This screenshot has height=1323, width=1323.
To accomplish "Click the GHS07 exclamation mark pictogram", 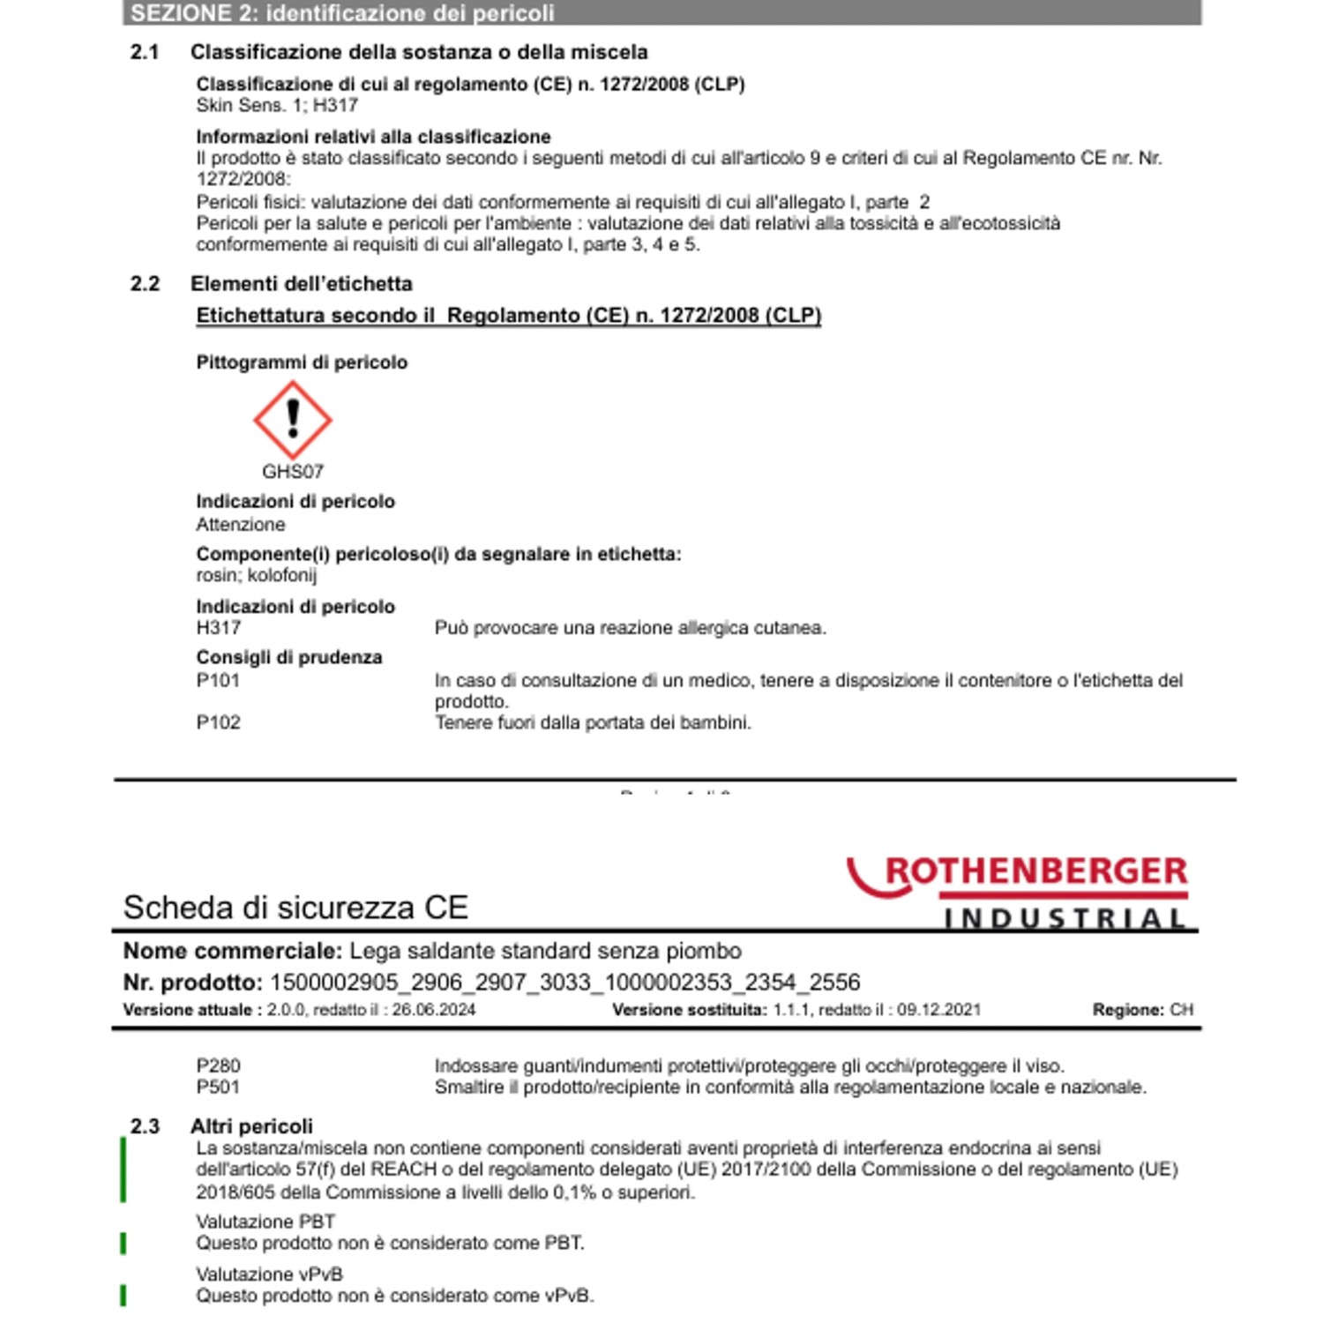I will pyautogui.click(x=293, y=420).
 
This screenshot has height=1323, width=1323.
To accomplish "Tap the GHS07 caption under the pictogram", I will pyautogui.click(x=293, y=472).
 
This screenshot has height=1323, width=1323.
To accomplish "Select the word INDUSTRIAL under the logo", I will pyautogui.click(x=1065, y=919).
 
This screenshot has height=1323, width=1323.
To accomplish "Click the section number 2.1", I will pyautogui.click(x=145, y=52).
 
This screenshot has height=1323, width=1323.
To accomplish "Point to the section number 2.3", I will pyautogui.click(x=145, y=1126).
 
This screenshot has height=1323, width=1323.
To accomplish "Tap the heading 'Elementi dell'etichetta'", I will pyautogui.click(x=302, y=284).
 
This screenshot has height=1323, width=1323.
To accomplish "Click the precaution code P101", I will pyautogui.click(x=218, y=680).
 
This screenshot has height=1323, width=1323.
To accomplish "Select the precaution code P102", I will pyautogui.click(x=218, y=722).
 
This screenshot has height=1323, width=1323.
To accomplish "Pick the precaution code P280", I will pyautogui.click(x=218, y=1065).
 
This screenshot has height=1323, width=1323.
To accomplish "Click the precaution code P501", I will pyautogui.click(x=218, y=1087).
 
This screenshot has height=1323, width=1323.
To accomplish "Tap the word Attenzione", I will pyautogui.click(x=241, y=525).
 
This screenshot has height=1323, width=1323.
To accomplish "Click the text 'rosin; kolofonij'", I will pyautogui.click(x=257, y=575).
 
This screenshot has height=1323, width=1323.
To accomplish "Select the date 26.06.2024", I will pyautogui.click(x=434, y=1010).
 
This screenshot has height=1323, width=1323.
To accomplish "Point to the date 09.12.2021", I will pyautogui.click(x=938, y=1010).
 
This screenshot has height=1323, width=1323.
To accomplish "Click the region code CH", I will pyautogui.click(x=1181, y=1010).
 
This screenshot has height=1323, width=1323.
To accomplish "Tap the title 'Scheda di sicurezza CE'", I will pyautogui.click(x=295, y=908).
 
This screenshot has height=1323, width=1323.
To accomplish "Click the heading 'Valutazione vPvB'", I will pyautogui.click(x=269, y=1274).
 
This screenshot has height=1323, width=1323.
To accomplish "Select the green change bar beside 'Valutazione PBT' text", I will pyautogui.click(x=123, y=1244).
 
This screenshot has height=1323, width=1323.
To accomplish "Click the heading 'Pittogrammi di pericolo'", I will pyautogui.click(x=302, y=363).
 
